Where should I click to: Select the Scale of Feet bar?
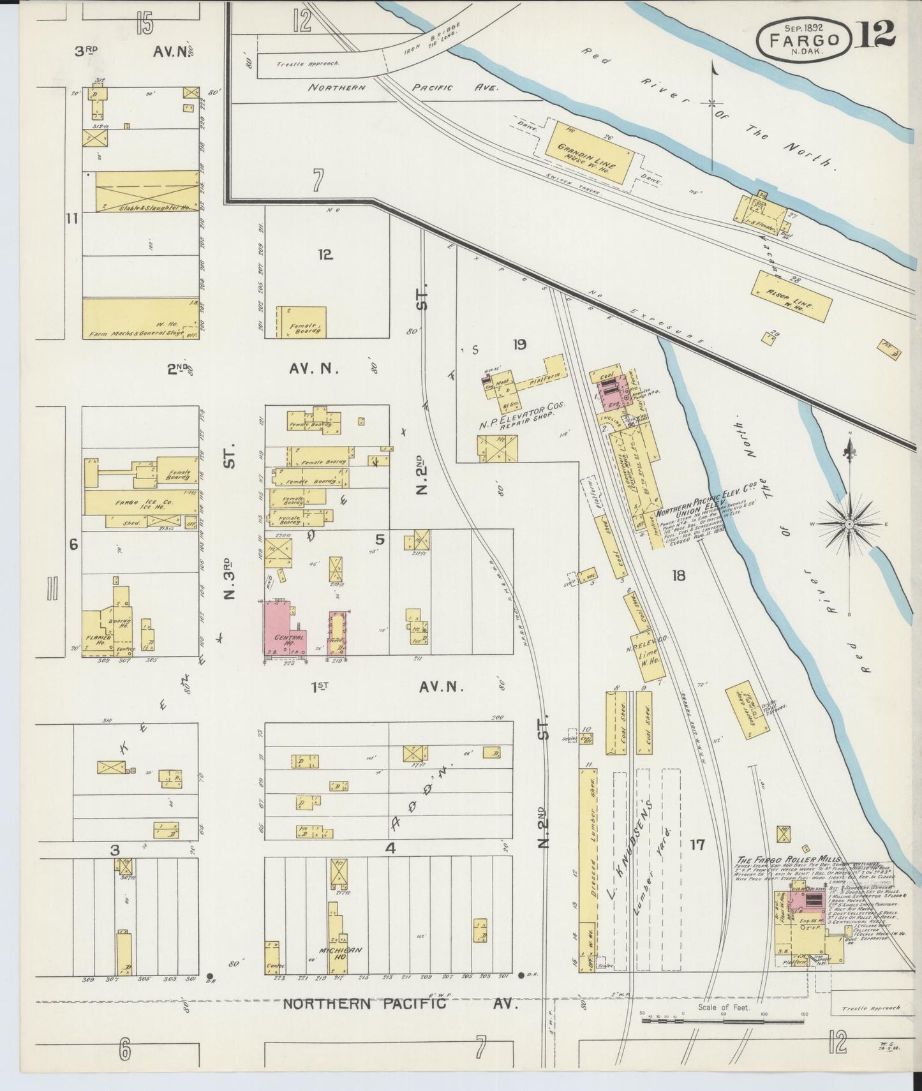click(x=724, y=1020)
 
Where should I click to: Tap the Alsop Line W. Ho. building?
click(x=794, y=296)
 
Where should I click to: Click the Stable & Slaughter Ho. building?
click(x=146, y=191)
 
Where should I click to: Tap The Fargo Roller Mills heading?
click(x=789, y=859)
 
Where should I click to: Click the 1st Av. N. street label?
click(x=386, y=687)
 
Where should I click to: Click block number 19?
click(x=519, y=345)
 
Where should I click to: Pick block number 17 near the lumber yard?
click(x=697, y=844)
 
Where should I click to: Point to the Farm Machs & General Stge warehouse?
click(x=140, y=319)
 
